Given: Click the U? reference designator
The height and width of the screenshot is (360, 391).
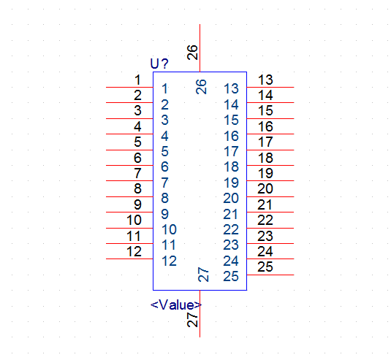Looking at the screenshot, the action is click(159, 64).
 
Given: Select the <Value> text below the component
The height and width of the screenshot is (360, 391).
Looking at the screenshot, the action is click(176, 305).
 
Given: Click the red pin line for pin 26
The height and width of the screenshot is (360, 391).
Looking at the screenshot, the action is click(200, 48).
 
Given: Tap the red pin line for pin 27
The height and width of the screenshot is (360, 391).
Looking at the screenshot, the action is click(200, 314).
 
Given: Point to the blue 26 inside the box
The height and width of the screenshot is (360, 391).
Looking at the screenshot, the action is click(201, 87).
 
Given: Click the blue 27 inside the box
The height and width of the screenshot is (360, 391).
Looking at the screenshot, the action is click(203, 275).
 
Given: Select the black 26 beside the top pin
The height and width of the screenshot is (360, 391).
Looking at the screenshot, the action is click(192, 53).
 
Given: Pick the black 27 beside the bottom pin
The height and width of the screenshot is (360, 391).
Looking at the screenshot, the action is click(192, 320).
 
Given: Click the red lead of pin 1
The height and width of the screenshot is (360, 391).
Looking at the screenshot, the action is click(129, 87).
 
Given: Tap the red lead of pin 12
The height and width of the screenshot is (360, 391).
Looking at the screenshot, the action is click(129, 258).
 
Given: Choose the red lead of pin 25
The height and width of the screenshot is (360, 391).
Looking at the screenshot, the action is click(270, 275).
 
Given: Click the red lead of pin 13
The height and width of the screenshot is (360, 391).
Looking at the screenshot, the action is click(270, 87).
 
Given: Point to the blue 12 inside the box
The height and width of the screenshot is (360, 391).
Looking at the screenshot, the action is click(169, 261).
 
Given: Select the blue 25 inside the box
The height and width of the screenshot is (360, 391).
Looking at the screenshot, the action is click(231, 276).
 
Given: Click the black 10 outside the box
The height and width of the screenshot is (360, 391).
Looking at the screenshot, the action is click(134, 220).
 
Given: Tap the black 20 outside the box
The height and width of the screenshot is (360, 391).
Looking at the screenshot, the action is click(265, 188).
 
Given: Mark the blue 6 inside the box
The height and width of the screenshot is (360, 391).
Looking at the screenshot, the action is click(164, 166).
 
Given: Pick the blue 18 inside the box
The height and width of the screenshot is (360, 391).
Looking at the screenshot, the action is click(231, 166).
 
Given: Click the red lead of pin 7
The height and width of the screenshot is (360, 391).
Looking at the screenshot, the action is click(129, 180).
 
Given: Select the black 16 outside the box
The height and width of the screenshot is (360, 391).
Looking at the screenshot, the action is click(265, 126).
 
